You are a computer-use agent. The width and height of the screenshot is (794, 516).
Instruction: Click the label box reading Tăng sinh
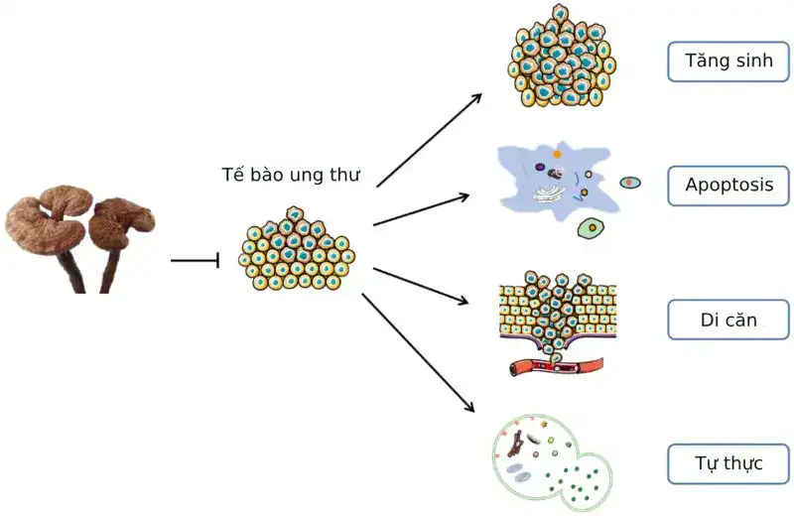[x=728, y=62]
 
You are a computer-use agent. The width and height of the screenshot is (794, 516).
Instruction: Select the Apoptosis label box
[x=728, y=186]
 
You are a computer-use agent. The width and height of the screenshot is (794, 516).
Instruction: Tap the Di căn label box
[x=728, y=320]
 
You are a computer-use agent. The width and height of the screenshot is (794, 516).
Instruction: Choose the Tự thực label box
[x=728, y=463]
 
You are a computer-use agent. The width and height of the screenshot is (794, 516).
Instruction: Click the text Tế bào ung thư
[x=291, y=175]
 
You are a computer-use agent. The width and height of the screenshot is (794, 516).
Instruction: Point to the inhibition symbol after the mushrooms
[x=195, y=260]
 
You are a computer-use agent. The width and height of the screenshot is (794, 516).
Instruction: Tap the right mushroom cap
[x=121, y=224]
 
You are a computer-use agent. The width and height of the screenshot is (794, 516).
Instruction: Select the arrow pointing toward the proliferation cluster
[x=429, y=140]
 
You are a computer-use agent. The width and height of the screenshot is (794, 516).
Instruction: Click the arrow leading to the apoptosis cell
[x=421, y=209]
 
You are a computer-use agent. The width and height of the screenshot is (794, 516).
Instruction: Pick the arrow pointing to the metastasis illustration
[x=421, y=286]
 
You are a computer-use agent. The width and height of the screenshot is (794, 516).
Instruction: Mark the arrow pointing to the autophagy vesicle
[x=418, y=352]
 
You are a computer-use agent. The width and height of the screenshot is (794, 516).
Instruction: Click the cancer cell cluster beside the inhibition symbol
[x=297, y=249]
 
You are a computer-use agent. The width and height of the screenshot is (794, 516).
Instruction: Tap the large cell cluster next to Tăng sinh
[x=561, y=57]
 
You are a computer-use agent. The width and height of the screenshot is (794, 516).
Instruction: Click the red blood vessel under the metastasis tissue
[x=556, y=365]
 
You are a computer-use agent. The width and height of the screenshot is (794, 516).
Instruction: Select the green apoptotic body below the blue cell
[x=591, y=228]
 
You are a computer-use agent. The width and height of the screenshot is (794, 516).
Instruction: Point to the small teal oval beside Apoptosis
[x=630, y=183]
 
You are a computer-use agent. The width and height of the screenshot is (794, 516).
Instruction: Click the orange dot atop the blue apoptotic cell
[x=557, y=154]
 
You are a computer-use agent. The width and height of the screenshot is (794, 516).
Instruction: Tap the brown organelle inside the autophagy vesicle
[x=516, y=444]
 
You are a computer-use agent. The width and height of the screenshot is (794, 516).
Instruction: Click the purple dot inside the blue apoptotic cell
[x=540, y=167]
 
